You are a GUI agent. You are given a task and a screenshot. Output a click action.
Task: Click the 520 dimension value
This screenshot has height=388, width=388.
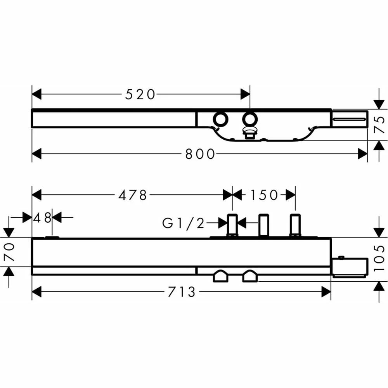click(140, 95)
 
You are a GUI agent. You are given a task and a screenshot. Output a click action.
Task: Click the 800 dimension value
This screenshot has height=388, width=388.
click(200, 154)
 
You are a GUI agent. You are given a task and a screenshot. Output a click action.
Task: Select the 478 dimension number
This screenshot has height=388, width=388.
click(133, 195)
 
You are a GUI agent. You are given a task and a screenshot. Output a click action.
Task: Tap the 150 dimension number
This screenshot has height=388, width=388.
click(264, 195)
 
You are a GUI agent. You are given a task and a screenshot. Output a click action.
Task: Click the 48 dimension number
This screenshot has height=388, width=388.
click(42, 218)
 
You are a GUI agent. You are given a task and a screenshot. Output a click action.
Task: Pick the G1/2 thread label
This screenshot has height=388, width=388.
click(184, 223)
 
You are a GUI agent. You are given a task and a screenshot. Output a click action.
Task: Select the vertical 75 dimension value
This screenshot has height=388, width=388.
click(379, 125)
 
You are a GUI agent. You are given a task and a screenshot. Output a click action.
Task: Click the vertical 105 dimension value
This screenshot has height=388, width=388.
click(379, 258)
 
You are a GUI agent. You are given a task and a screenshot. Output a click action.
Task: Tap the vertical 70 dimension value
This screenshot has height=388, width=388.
click(9, 252)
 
